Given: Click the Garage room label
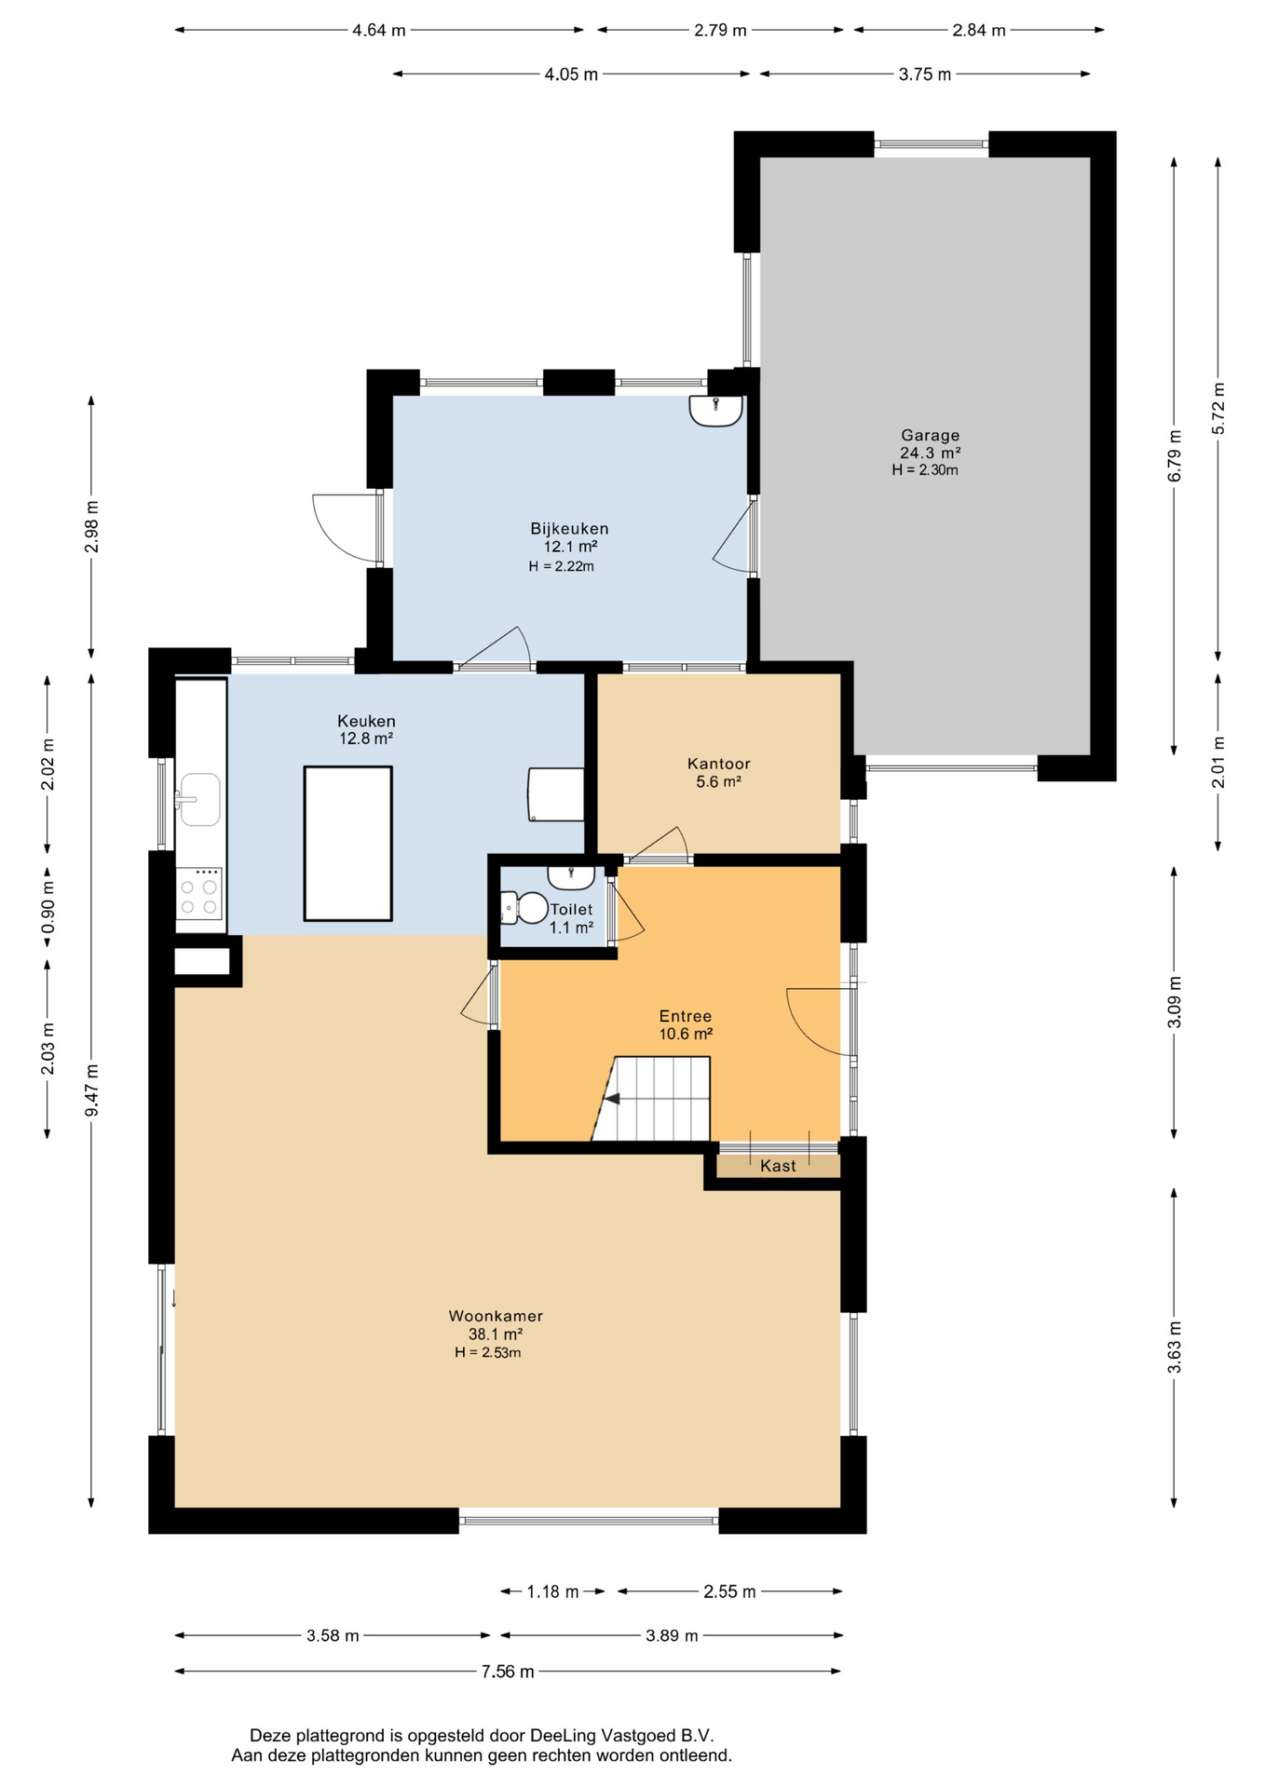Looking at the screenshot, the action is click(x=930, y=435).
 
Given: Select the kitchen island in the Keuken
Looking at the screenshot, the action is click(x=347, y=844).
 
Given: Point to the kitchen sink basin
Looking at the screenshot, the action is click(x=199, y=799).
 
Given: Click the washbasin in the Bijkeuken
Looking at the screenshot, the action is click(x=715, y=411).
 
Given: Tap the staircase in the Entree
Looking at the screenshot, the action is click(x=652, y=1098).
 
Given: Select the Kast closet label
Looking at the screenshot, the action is click(x=778, y=1166).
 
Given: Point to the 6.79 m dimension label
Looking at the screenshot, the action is click(x=1174, y=455).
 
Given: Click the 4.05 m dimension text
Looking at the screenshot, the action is click(x=571, y=74).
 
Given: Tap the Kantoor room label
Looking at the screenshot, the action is click(x=718, y=764).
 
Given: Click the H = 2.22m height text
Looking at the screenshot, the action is click(x=561, y=566).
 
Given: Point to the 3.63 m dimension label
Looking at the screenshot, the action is click(x=1174, y=1347).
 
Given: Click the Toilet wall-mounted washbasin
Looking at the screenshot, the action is click(x=571, y=877).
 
